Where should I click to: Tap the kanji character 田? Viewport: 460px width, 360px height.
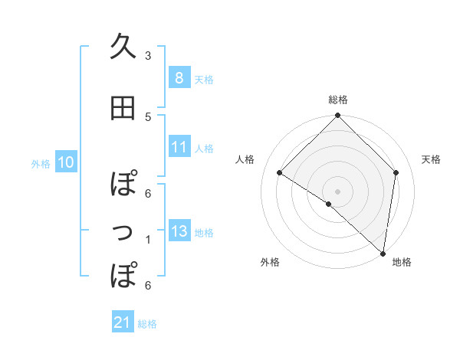tap(123, 110)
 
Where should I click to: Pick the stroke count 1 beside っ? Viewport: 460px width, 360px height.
tap(148, 240)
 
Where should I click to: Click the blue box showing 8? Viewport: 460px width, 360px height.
tap(179, 77)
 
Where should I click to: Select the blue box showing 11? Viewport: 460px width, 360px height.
tap(179, 147)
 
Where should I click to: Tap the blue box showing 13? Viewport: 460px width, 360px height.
tap(179, 231)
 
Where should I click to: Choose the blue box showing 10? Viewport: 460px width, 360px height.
tap(65, 162)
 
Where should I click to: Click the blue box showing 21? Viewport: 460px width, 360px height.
tap(123, 322)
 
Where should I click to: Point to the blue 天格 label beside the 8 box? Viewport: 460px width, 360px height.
tap(204, 79)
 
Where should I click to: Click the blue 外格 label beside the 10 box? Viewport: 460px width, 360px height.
tap(41, 163)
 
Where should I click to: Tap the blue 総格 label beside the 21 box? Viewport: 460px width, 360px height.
tap(147, 324)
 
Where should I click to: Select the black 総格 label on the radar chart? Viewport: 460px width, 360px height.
tap(337, 100)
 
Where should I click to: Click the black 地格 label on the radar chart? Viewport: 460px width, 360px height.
tap(402, 262)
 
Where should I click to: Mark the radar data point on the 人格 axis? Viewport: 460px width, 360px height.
tap(280, 172)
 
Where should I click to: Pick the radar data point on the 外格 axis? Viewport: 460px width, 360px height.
tap(328, 204)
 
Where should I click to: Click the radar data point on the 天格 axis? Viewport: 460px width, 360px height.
tap(396, 172)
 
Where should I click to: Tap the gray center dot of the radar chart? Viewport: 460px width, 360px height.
tap(337, 191)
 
